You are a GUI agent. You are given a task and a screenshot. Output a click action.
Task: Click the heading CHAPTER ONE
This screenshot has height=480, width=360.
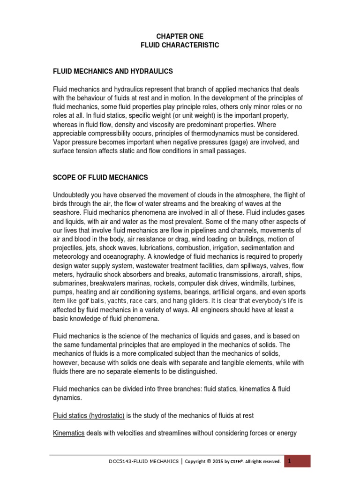(x=180, y=36)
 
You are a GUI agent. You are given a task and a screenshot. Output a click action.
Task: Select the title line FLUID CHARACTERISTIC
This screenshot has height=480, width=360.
(x=180, y=45)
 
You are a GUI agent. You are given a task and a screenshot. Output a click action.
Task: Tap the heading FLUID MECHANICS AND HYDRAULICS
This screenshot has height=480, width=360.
(x=113, y=71)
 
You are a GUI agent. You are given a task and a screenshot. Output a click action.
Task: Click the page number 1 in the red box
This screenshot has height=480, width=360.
(x=290, y=461)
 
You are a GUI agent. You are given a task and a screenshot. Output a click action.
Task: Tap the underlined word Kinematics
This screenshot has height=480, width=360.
(x=68, y=433)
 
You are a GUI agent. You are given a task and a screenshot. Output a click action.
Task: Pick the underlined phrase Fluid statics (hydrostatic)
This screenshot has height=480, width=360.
(x=89, y=415)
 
